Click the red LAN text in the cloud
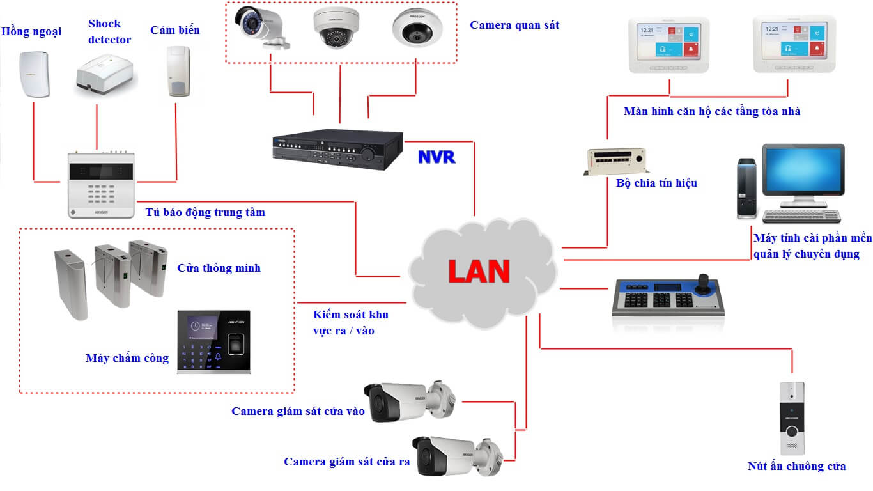click(479, 271)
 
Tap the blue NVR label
click(436, 157)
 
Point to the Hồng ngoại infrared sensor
click(34, 74)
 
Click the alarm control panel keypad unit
click(101, 185)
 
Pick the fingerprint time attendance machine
click(213, 341)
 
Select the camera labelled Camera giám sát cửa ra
click(454, 455)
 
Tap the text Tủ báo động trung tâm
click(205, 212)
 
